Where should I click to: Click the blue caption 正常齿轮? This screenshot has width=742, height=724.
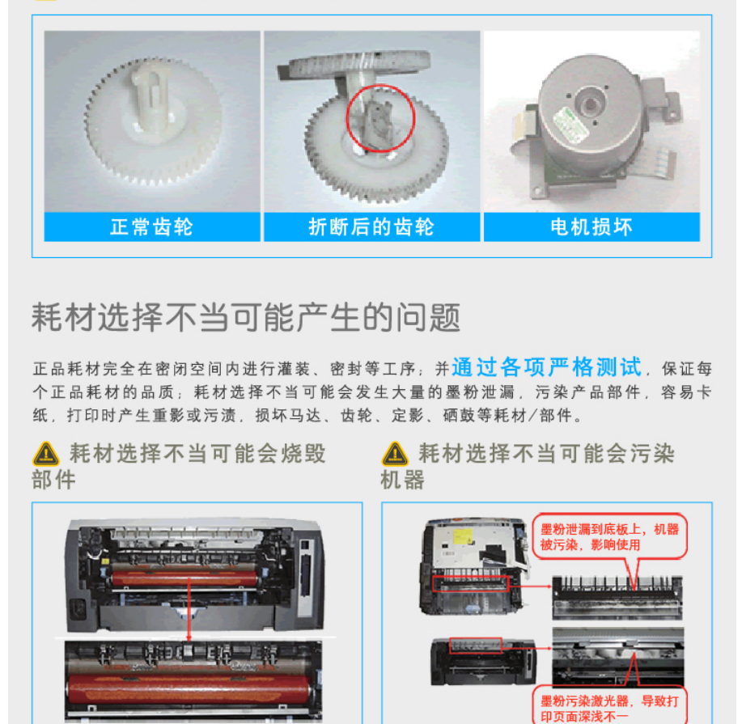[151, 227]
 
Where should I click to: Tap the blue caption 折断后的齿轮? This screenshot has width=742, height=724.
[371, 227]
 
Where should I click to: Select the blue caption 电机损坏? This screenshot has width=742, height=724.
[591, 227]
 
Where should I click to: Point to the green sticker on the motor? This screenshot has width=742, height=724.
[571, 125]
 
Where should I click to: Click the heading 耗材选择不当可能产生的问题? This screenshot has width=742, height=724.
[246, 317]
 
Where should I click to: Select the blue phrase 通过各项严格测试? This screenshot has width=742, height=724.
[546, 367]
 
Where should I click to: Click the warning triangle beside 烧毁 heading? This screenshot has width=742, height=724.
[46, 455]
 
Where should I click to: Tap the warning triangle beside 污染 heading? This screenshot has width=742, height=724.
[395, 455]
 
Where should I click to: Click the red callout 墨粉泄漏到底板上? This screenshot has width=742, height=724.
[609, 536]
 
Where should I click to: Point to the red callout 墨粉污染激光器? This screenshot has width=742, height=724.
[609, 709]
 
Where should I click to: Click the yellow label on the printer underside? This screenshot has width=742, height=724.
[462, 537]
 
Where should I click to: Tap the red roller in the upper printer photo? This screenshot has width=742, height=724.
[184, 578]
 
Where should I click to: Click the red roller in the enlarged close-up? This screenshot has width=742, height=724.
[189, 689]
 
